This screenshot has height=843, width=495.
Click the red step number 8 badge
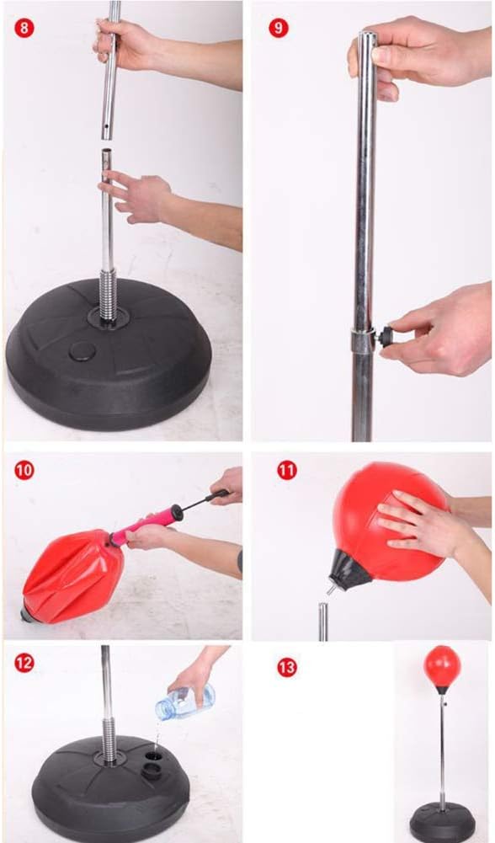(24, 26)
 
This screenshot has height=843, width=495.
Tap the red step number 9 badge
(279, 28)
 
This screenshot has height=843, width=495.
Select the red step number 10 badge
(24, 471)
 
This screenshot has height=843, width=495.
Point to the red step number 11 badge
(287, 471)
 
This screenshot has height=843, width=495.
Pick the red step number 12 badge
(24, 663)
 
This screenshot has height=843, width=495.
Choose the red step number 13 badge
(287, 668)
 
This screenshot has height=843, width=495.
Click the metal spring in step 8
(108, 296)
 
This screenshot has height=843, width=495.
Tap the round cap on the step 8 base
(82, 352)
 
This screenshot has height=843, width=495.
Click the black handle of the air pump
(220, 494)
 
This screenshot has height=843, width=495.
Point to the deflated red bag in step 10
(73, 575)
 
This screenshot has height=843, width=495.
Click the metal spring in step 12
(109, 739)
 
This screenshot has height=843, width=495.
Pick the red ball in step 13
(442, 665)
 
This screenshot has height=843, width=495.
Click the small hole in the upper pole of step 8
(107, 127)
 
